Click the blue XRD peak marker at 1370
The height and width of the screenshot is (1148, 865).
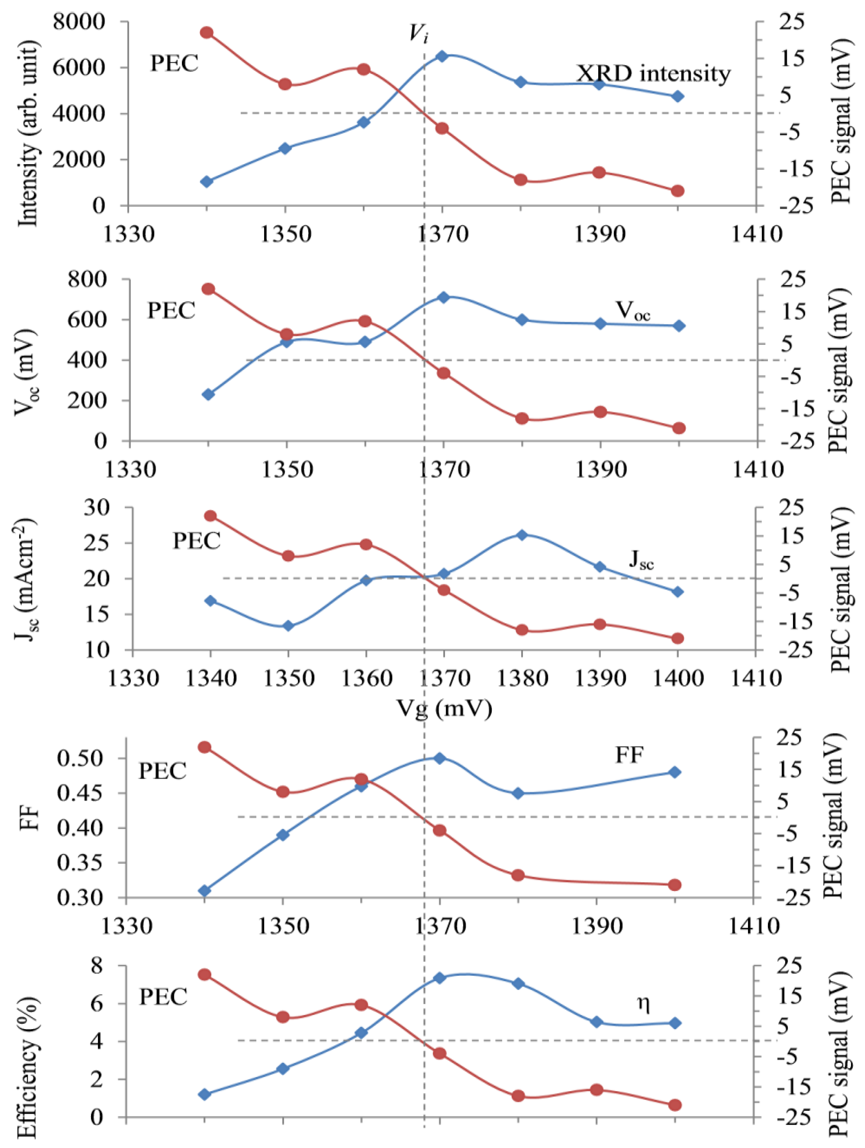[x=442, y=56]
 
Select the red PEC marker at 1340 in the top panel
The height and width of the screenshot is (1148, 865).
[x=207, y=33]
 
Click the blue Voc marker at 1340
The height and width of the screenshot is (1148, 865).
[x=208, y=394]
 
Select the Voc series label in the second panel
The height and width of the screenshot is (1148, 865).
[x=633, y=310]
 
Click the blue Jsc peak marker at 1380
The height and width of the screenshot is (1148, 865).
[x=522, y=535]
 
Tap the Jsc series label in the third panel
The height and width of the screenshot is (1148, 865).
[x=641, y=560]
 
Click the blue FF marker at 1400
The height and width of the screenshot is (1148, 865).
[x=674, y=772]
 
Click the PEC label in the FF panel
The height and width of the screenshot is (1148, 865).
[x=162, y=771]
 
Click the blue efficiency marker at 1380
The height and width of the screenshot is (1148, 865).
[x=518, y=983]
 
